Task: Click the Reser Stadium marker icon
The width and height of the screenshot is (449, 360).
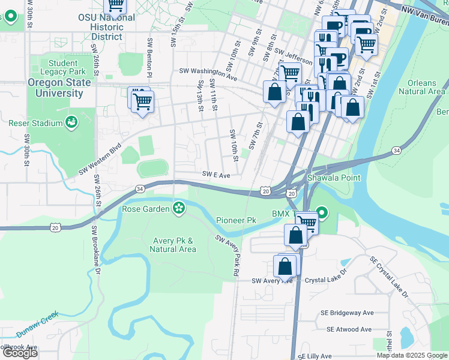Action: [71, 123]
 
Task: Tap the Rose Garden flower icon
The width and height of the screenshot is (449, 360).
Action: [178, 208]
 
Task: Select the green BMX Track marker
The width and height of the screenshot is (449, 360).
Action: [322, 213]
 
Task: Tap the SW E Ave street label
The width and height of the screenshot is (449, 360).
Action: [216, 175]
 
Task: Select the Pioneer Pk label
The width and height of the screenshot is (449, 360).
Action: [236, 221]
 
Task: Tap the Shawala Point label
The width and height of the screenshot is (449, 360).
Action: [334, 178]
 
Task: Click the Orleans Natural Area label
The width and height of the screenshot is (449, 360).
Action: [426, 87]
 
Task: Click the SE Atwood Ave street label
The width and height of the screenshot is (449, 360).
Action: [349, 329]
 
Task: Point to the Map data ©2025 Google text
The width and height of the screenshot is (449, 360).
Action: [411, 355]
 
